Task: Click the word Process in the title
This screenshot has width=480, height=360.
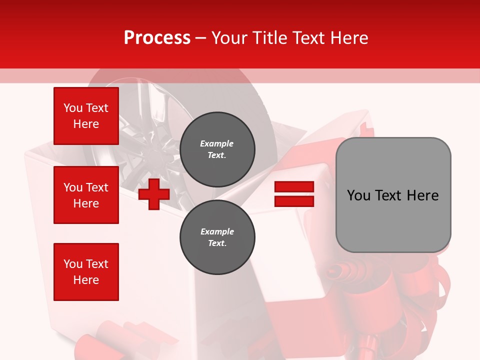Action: tap(157, 38)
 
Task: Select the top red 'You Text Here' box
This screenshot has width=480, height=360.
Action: tap(86, 116)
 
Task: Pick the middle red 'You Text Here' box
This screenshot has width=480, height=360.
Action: tap(86, 195)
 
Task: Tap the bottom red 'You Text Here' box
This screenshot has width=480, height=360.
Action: tap(86, 272)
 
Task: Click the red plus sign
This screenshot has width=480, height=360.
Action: tap(154, 194)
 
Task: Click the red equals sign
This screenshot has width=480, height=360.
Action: tap(294, 194)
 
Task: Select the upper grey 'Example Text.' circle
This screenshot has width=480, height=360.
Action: tap(217, 149)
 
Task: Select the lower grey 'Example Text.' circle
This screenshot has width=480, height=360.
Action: tap(217, 237)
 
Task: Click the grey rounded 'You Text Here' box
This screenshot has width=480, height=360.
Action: tap(393, 195)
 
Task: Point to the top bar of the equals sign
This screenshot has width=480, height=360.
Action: tap(294, 187)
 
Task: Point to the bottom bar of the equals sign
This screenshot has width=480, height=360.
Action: tap(294, 201)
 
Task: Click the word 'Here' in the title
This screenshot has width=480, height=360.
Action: tap(348, 38)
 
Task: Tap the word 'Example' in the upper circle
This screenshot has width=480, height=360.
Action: tap(217, 144)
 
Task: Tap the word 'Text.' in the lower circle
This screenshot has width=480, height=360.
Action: tap(217, 243)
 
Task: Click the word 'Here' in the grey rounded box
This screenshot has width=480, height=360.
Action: tap(422, 195)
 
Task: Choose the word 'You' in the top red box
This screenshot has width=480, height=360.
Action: tap(73, 108)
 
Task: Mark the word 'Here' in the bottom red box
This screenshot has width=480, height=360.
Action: tap(86, 280)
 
